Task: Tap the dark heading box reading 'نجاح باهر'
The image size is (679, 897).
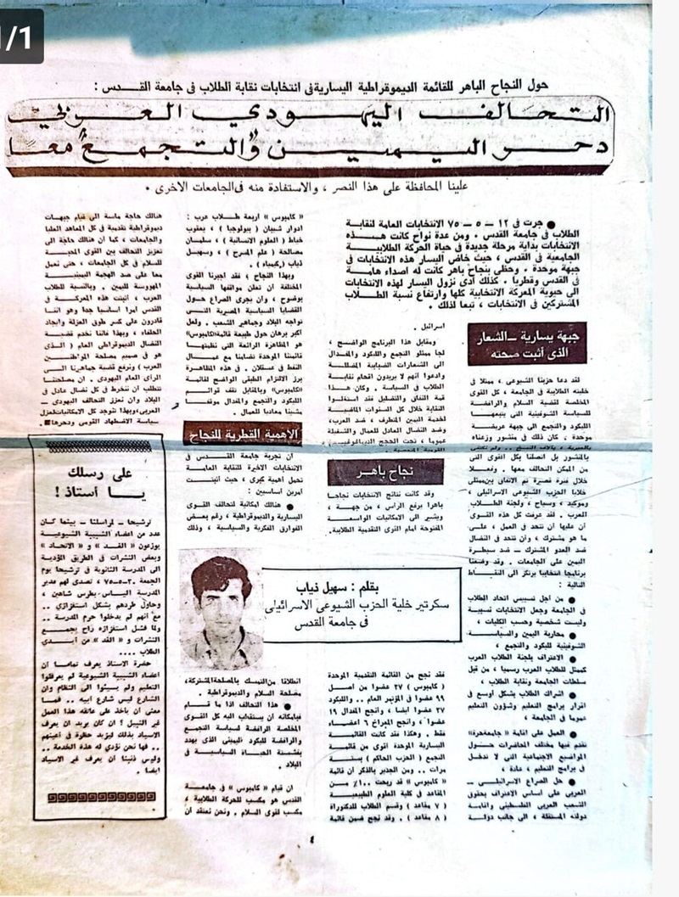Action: (x=373, y=472)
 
